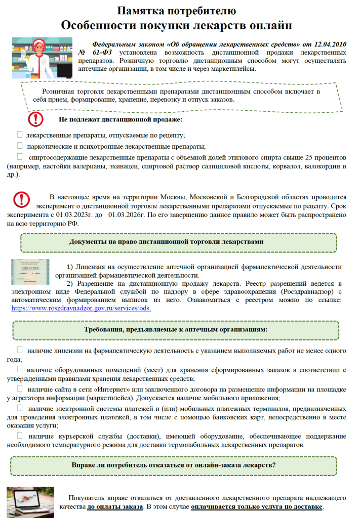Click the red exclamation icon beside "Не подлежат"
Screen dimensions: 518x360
35,119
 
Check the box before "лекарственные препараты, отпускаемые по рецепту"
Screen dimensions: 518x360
20,135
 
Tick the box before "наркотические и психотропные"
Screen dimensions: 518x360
20,146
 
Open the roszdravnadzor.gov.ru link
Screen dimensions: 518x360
81,308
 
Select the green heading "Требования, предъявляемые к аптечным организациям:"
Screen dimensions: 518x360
175,329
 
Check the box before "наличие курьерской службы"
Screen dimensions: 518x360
20,435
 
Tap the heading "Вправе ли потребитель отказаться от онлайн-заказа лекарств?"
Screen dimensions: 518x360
174,464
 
